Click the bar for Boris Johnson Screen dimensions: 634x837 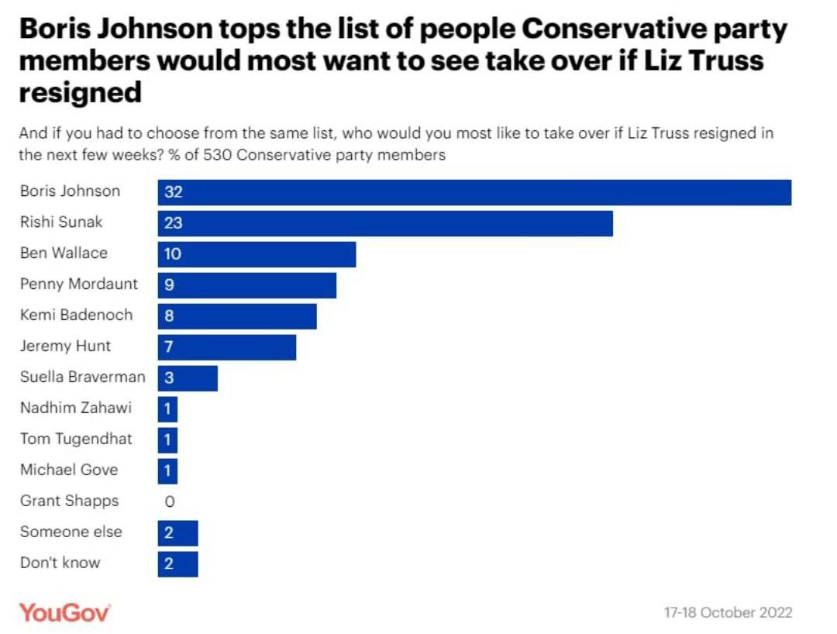(474, 192)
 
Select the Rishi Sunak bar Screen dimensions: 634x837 (385, 223)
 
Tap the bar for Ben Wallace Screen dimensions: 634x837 (257, 254)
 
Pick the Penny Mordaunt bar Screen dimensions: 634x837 (247, 285)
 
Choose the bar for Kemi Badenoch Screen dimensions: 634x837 (237, 316)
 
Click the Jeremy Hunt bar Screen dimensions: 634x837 (227, 347)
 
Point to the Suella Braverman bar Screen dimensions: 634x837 (188, 378)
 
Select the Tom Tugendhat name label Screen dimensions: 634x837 (76, 439)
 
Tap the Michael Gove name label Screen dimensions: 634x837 (69, 470)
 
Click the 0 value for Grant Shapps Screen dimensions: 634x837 (170, 502)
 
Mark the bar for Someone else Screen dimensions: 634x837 (178, 533)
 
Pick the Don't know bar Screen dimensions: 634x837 (178, 564)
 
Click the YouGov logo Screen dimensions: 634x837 (65, 612)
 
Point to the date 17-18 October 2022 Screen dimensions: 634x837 (728, 612)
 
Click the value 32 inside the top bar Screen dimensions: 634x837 (173, 192)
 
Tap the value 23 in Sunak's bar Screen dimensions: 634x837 (173, 223)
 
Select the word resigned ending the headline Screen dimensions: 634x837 (81, 92)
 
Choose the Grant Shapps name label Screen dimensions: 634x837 (69, 501)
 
